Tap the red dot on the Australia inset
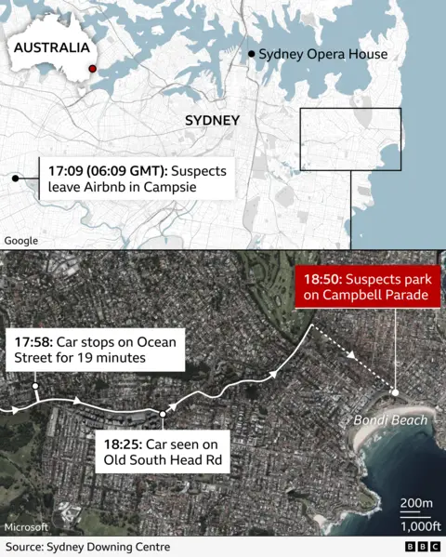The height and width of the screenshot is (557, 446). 92,69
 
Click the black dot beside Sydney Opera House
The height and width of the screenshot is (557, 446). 252,55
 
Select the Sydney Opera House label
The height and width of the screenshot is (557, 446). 322,55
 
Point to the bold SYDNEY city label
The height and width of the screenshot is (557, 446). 212,121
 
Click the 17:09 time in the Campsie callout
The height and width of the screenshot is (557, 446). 72,171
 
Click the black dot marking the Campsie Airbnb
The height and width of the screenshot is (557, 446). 15,178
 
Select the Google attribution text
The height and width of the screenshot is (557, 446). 21,241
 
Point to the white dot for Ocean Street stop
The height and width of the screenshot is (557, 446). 34,385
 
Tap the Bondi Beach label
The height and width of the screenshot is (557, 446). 390,420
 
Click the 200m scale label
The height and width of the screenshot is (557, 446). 415,503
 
